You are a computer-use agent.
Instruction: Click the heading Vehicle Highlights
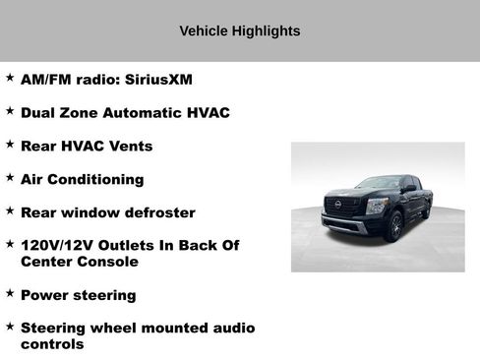tap(240, 31)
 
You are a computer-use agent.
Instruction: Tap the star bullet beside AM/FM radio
tap(9, 77)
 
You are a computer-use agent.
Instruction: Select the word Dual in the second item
tap(40, 112)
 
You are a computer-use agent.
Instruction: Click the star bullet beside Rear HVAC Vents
tap(9, 144)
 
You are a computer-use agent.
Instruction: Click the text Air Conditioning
tap(82, 179)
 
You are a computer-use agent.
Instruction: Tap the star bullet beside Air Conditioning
tap(9, 177)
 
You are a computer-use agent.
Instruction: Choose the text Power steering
tap(78, 295)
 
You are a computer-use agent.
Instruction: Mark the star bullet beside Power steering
tap(9, 293)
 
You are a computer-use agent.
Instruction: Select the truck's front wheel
tap(394, 226)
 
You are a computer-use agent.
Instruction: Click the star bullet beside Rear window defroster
tap(9, 210)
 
